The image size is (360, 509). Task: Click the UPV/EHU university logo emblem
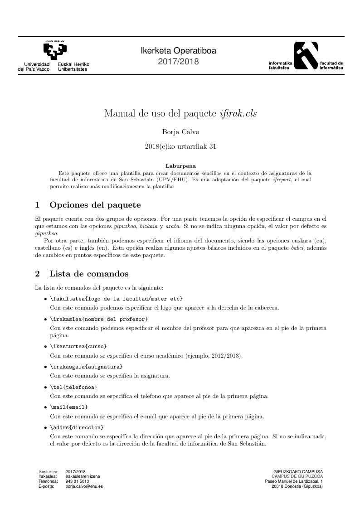(55, 51)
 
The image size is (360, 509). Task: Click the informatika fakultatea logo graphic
(306, 55)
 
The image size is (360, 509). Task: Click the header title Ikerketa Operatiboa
(178, 51)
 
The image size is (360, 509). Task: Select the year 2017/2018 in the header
(178, 62)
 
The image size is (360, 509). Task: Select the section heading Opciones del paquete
(95, 205)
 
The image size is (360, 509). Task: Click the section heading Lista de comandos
(89, 274)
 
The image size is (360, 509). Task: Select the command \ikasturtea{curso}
(78, 347)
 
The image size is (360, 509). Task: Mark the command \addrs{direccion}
(77, 427)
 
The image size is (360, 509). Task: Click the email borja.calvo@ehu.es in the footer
(84, 486)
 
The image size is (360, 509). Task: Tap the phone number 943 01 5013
(77, 481)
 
